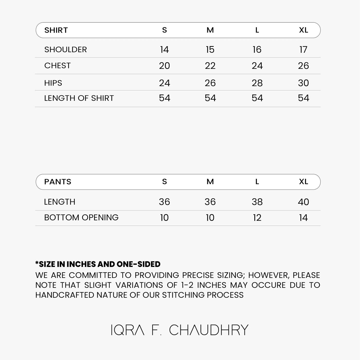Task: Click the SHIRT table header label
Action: (56, 30)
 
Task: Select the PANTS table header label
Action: (58, 182)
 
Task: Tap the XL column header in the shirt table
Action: (303, 30)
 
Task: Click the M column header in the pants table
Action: (210, 182)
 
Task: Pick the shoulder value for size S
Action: (164, 50)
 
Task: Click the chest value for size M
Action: (210, 66)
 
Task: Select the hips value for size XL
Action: (303, 83)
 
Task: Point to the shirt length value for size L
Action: (257, 98)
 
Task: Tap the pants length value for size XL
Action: (303, 202)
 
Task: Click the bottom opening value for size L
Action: (257, 218)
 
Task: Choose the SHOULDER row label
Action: (66, 50)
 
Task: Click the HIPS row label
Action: (53, 83)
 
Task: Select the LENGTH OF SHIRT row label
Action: (79, 98)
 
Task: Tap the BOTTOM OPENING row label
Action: (81, 218)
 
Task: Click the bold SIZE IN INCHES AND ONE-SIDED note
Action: (98, 264)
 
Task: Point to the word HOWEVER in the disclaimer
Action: (269, 275)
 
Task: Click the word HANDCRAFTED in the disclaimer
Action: (65, 295)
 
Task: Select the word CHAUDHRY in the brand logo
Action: (209, 330)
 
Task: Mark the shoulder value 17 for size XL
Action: (303, 50)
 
